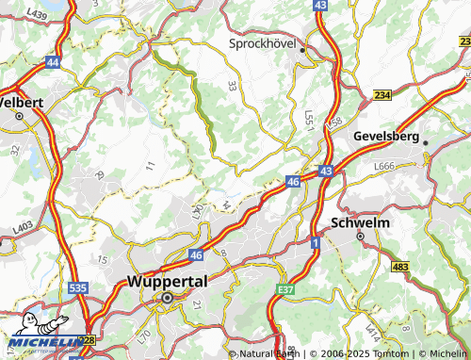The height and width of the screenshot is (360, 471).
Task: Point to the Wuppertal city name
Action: pos(167,281)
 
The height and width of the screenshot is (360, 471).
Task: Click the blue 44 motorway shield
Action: pos(53,63)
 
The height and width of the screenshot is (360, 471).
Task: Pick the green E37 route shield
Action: pos(286,289)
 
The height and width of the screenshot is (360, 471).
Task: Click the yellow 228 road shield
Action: pos(89,340)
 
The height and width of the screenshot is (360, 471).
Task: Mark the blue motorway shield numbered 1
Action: pos(315,243)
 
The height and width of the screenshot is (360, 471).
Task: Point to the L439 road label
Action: pos(37,16)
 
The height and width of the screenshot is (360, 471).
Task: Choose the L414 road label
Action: pos(374,332)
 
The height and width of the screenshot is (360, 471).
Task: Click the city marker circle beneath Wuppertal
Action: pos(167,298)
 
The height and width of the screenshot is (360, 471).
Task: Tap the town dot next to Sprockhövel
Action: pos(302,51)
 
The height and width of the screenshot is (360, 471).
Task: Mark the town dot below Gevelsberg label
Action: pos(425,143)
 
